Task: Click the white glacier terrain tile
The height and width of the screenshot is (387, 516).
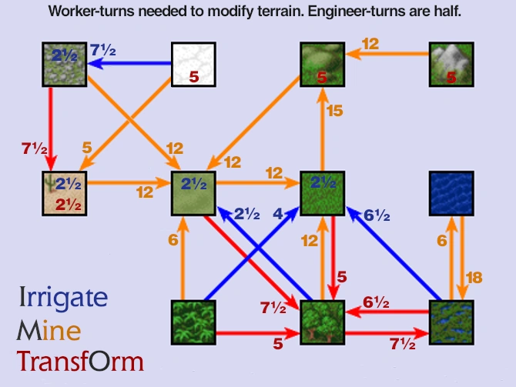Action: coord(193,65)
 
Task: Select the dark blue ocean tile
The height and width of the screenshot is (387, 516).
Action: coord(451,193)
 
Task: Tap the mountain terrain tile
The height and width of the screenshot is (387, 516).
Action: coord(451,65)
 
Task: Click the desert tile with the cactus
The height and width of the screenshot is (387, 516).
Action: coord(65,193)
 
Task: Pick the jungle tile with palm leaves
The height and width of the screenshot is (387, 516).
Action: coord(193,322)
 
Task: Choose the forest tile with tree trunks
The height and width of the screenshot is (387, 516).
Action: coord(323,322)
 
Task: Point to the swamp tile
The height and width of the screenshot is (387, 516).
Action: coord(451,322)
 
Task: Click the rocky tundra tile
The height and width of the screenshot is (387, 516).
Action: coord(65,65)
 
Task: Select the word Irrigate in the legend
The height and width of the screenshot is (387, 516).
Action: coord(63,298)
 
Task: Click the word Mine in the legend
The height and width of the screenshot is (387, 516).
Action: coord(49,330)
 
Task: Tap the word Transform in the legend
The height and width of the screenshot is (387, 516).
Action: coord(80,361)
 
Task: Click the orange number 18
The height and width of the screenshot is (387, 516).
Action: coord(474,278)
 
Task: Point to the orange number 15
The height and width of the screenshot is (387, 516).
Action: coord(335,111)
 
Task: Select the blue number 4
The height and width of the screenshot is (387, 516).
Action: coord(278,214)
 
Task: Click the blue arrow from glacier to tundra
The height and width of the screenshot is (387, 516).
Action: coord(129,63)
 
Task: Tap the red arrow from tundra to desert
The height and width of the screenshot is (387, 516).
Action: coord(51,129)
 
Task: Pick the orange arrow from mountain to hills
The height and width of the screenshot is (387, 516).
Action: coord(387,53)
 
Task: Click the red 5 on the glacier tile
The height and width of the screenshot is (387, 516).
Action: coord(194,77)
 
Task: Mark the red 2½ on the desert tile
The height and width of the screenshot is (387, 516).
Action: coord(68,205)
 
